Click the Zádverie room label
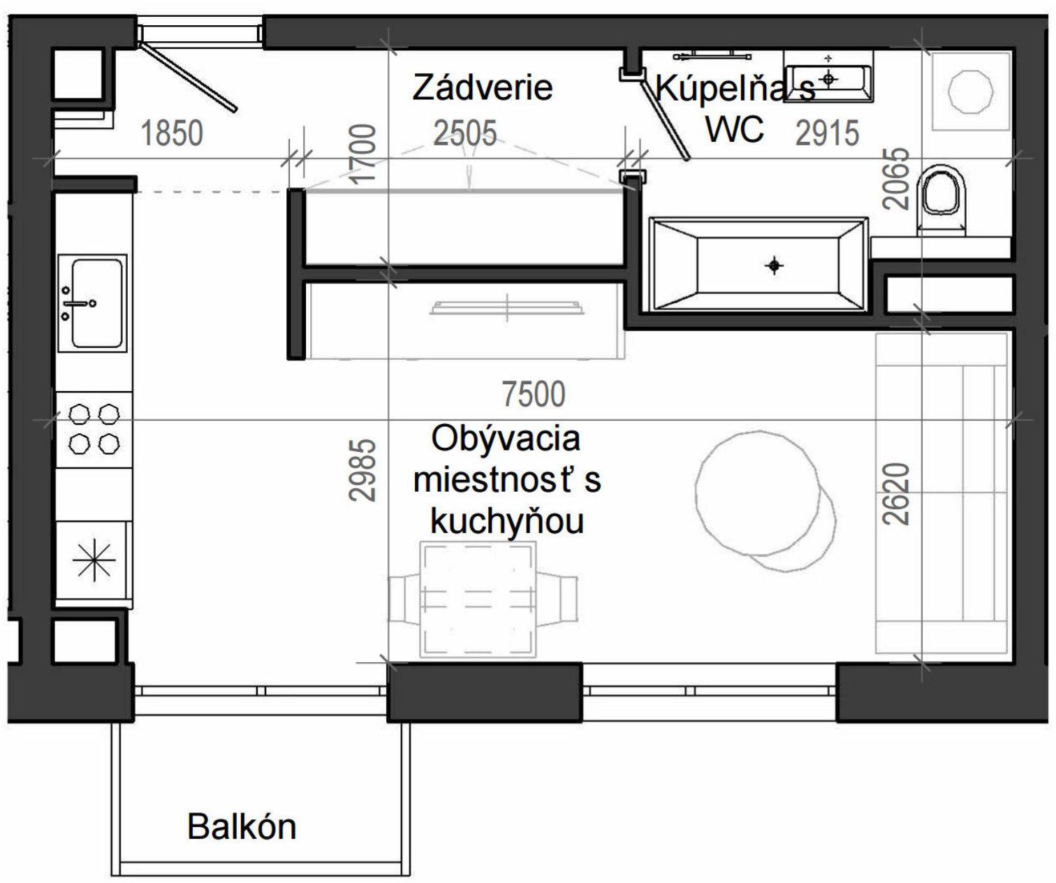click(x=482, y=88)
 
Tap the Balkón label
click(x=242, y=827)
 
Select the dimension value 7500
click(x=534, y=395)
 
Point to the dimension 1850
click(x=172, y=133)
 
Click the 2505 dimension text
click(x=465, y=133)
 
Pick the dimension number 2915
click(x=827, y=133)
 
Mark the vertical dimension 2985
click(x=363, y=469)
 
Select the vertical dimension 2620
click(x=897, y=493)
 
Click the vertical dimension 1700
click(x=363, y=153)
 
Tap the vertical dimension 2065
click(x=897, y=179)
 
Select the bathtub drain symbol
click(x=774, y=265)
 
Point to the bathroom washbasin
click(x=828, y=77)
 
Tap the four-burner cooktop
click(x=94, y=429)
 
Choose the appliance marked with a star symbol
click(x=94, y=561)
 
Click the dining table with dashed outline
click(x=478, y=599)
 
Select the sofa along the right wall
click(x=941, y=493)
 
